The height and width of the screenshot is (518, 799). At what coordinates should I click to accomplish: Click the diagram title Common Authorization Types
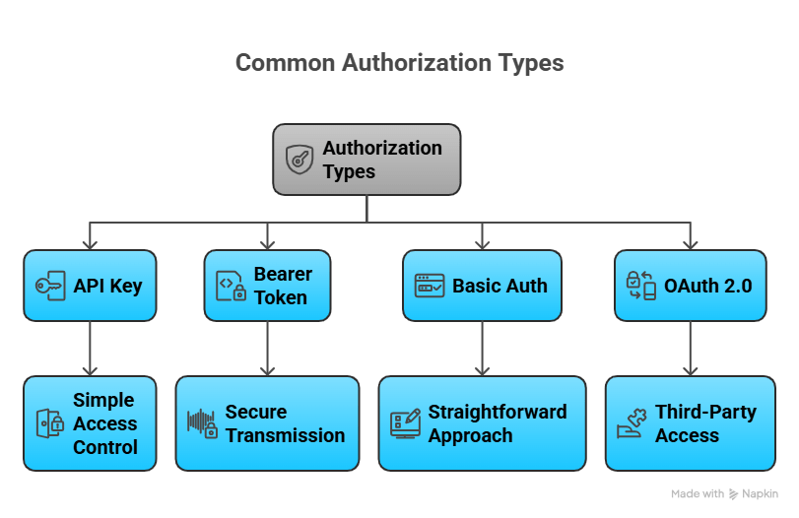click(399, 63)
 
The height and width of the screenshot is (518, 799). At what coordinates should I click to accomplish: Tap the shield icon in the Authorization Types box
click(300, 160)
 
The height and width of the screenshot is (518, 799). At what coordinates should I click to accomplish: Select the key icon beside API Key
click(49, 286)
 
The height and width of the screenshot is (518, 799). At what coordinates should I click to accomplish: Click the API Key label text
click(107, 287)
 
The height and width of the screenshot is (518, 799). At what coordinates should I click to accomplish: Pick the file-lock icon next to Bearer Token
click(231, 287)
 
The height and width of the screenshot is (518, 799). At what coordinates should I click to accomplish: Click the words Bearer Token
click(282, 286)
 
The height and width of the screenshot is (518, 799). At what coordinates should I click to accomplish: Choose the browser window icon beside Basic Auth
click(429, 287)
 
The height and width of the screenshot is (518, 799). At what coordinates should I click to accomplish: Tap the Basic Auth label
click(499, 287)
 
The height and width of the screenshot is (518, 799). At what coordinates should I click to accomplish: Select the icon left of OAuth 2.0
click(641, 286)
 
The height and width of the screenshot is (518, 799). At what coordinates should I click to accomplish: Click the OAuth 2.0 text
click(707, 287)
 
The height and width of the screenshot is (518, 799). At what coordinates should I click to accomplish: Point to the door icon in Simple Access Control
click(49, 423)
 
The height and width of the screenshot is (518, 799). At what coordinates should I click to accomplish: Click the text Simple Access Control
click(104, 423)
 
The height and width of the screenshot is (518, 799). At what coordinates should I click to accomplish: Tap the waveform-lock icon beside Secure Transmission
click(202, 423)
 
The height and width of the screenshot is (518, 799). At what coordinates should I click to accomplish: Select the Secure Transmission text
click(285, 423)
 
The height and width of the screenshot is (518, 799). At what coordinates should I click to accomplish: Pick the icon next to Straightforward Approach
click(405, 423)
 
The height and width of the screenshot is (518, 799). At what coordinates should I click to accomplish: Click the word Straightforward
click(497, 412)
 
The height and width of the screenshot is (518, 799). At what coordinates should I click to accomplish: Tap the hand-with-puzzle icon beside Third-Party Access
click(631, 423)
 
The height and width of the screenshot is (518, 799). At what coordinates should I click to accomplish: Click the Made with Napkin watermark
click(724, 493)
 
